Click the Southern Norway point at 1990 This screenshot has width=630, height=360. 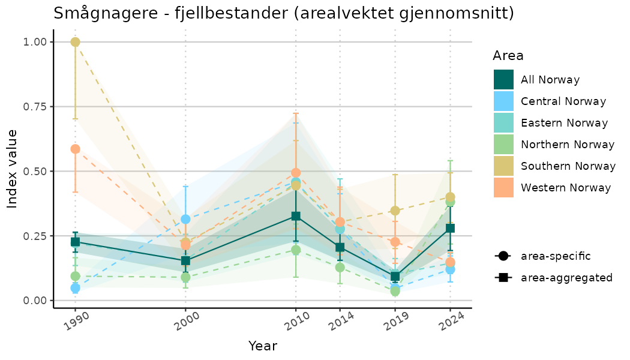75,42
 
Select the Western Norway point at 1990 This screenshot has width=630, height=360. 75,149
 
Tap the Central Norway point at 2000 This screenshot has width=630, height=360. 185,219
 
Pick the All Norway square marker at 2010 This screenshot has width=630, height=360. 295,216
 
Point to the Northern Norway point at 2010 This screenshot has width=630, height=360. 295,250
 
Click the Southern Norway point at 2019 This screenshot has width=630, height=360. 395,211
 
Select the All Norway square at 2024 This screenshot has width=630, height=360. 450,228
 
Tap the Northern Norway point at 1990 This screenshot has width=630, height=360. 75,276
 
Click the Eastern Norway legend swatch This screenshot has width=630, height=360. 503,123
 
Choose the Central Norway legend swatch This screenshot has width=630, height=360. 503,101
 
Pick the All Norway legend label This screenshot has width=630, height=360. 550,80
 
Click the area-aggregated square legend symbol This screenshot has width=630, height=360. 502,278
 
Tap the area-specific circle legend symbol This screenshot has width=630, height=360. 502,256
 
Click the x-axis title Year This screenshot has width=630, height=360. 263,346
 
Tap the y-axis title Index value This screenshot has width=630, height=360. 13,169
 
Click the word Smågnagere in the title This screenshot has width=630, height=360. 97,13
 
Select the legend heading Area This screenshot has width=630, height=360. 508,56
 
